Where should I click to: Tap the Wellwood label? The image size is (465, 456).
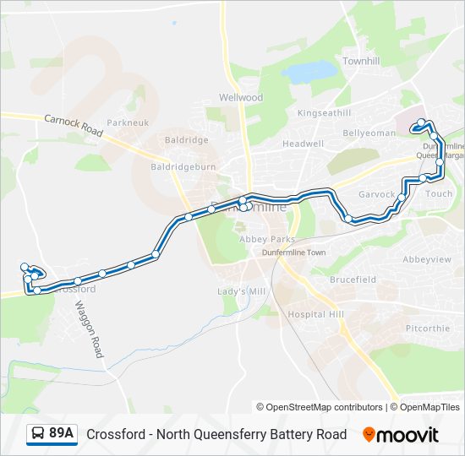[x=242, y=98]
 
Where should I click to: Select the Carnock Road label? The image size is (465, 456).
[x=74, y=127]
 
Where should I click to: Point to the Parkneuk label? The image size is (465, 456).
[x=128, y=122]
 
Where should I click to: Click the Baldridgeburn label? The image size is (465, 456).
[x=183, y=167]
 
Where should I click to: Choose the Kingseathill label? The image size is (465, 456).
[x=324, y=112]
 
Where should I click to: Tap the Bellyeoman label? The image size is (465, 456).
[x=369, y=133]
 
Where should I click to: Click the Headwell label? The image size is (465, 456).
[x=303, y=144]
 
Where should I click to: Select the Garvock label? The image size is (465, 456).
[x=376, y=194]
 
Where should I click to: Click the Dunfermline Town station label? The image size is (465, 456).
[x=293, y=252]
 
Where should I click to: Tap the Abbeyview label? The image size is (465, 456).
[x=427, y=259]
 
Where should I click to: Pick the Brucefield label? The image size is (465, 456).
[x=353, y=280]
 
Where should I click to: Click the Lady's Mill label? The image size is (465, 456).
[x=242, y=291]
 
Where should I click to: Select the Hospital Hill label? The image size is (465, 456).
[x=315, y=314]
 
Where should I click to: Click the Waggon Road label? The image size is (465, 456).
[x=89, y=328]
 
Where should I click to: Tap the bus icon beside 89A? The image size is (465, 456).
[x=39, y=434]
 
